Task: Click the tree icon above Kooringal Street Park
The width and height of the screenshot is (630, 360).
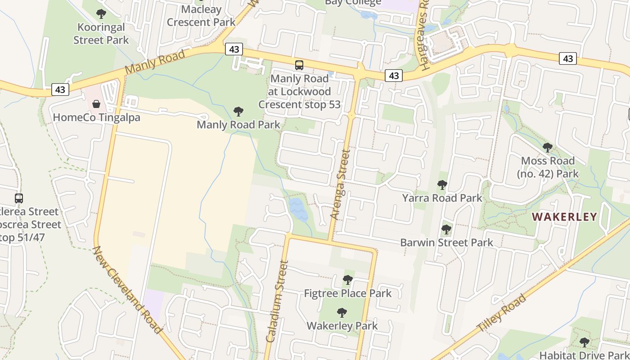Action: tap(101, 13)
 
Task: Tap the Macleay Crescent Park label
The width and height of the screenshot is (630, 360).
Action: tap(201, 16)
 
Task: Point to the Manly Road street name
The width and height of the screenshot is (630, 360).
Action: tap(155, 62)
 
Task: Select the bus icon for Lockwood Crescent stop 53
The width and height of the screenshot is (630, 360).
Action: tap(299, 65)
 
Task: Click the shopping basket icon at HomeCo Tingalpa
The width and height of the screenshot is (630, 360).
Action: tap(96, 104)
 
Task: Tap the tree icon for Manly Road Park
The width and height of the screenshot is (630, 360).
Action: tap(238, 111)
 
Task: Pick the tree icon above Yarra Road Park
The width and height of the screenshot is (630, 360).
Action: tap(442, 184)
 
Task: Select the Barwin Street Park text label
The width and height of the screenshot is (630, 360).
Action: tap(447, 243)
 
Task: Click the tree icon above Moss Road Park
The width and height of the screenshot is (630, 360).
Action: tap(547, 147)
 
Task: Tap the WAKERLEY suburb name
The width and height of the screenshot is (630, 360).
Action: tap(564, 216)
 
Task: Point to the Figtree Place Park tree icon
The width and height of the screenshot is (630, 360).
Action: tap(347, 280)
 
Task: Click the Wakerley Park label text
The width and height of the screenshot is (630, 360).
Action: tap(342, 325)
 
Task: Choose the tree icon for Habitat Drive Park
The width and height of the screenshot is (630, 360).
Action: tap(584, 342)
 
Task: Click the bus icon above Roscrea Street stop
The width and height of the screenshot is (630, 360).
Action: tap(19, 198)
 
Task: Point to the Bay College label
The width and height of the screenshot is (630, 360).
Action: tap(353, 3)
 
